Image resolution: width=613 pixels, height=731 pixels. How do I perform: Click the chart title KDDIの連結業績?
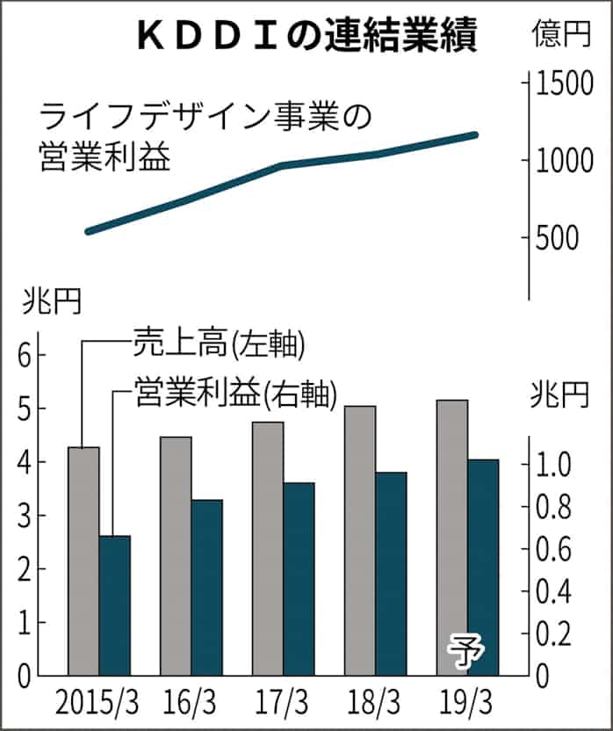coord(304,36)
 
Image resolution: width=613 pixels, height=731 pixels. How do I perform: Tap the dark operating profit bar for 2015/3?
coord(114,605)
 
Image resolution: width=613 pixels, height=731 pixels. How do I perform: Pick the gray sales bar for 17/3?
coord(268,548)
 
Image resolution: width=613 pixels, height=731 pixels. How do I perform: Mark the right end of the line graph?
coord(475,134)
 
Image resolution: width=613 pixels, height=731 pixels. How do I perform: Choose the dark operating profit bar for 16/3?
coord(206,587)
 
